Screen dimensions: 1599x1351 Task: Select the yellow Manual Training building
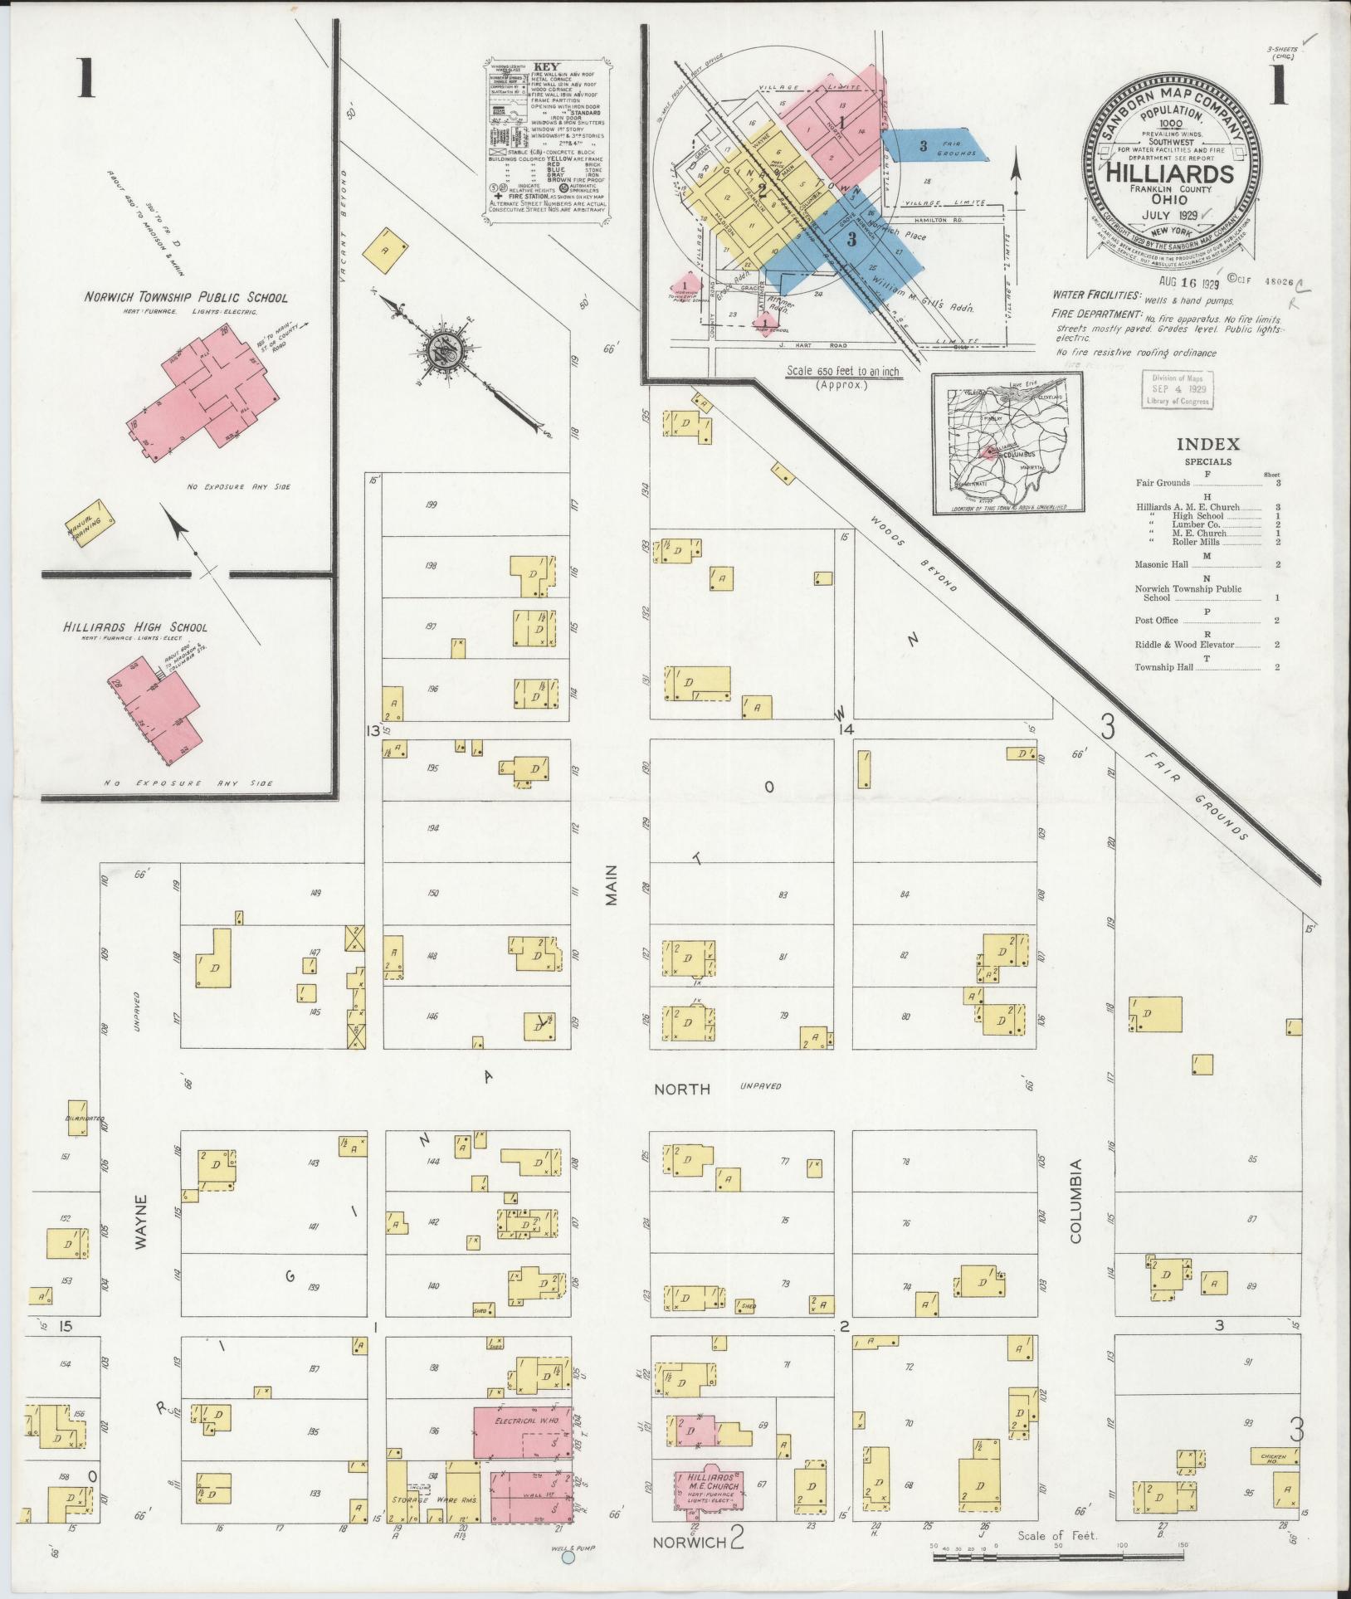(90, 521)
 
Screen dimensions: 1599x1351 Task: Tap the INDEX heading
(1207, 444)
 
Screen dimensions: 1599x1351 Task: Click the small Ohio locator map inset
(1007, 443)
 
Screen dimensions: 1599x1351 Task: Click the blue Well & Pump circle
(568, 1558)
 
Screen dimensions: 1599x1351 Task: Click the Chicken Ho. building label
(1274, 1457)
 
